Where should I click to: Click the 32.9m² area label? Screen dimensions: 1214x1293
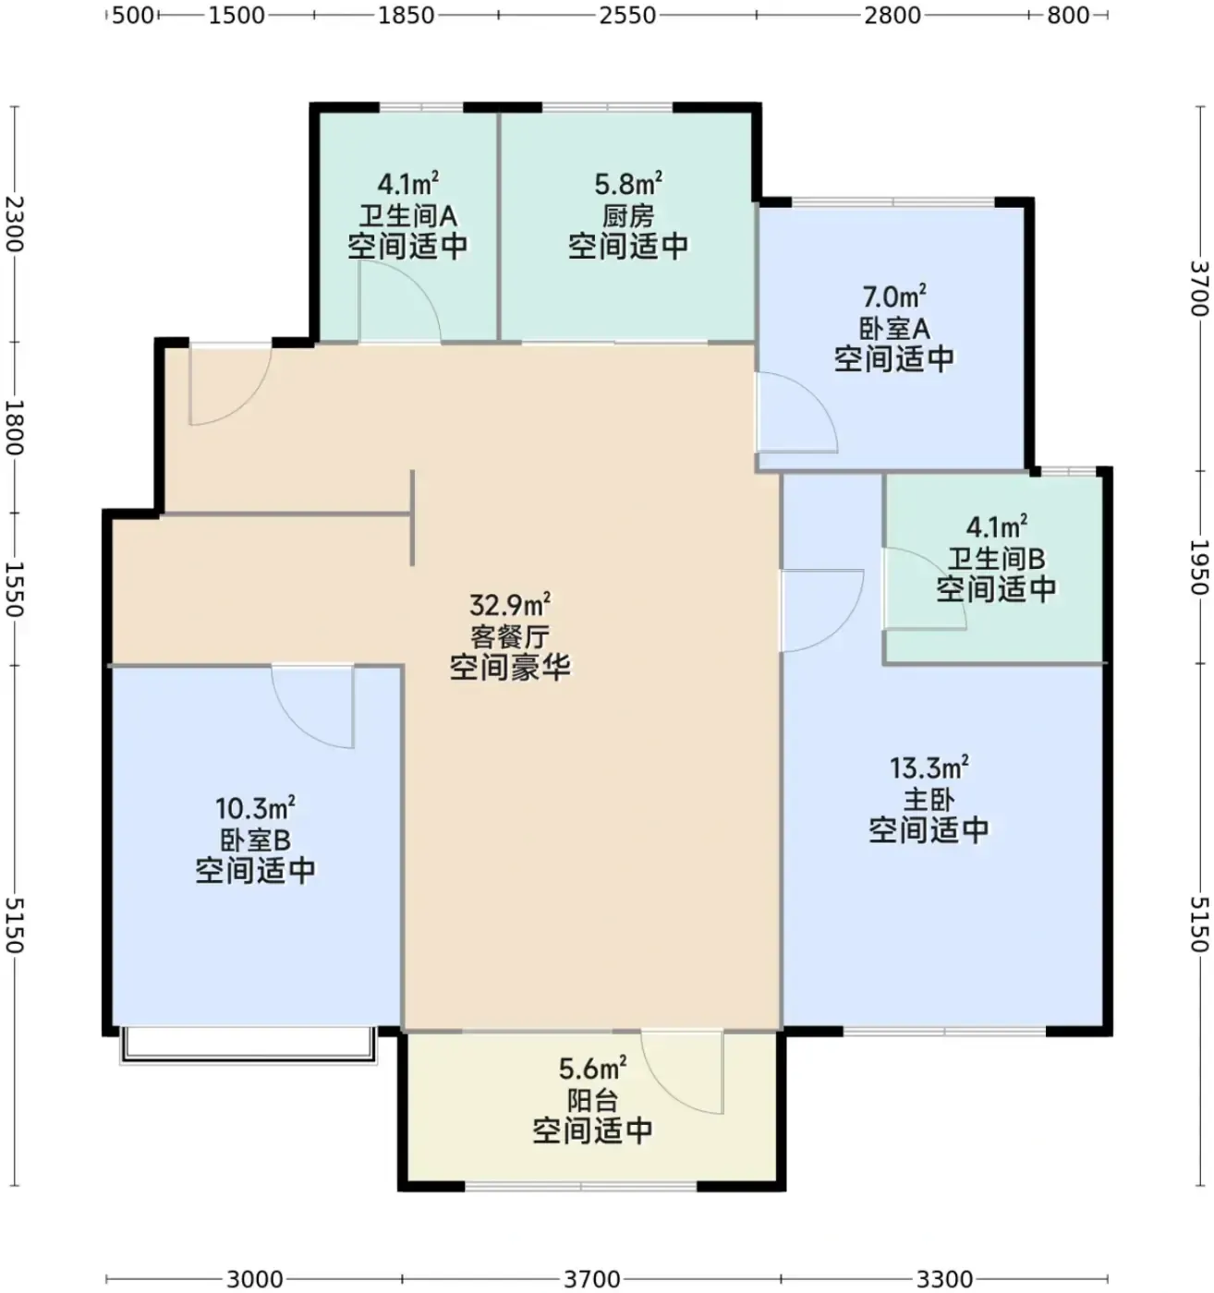pos(510,604)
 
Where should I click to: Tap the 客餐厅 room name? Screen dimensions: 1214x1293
pos(510,636)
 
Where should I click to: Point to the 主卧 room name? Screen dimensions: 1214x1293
pos(929,800)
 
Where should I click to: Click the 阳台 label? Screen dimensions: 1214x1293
pos(592,1101)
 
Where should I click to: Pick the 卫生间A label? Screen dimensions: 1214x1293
pos(407,216)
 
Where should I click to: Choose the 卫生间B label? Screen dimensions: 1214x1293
pos(996,559)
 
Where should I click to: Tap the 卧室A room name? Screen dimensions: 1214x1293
pos(893,329)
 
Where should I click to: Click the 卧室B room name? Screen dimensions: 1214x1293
pos(255,840)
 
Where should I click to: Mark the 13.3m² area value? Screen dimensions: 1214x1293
pos(929,767)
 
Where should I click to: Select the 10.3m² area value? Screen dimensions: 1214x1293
pos(255,809)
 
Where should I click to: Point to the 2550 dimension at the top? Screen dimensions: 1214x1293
pos(627,15)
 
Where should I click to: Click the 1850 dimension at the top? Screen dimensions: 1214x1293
pos(407,15)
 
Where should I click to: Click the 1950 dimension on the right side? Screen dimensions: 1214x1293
pos(1199,567)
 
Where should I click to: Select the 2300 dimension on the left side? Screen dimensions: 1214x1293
pos(15,224)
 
